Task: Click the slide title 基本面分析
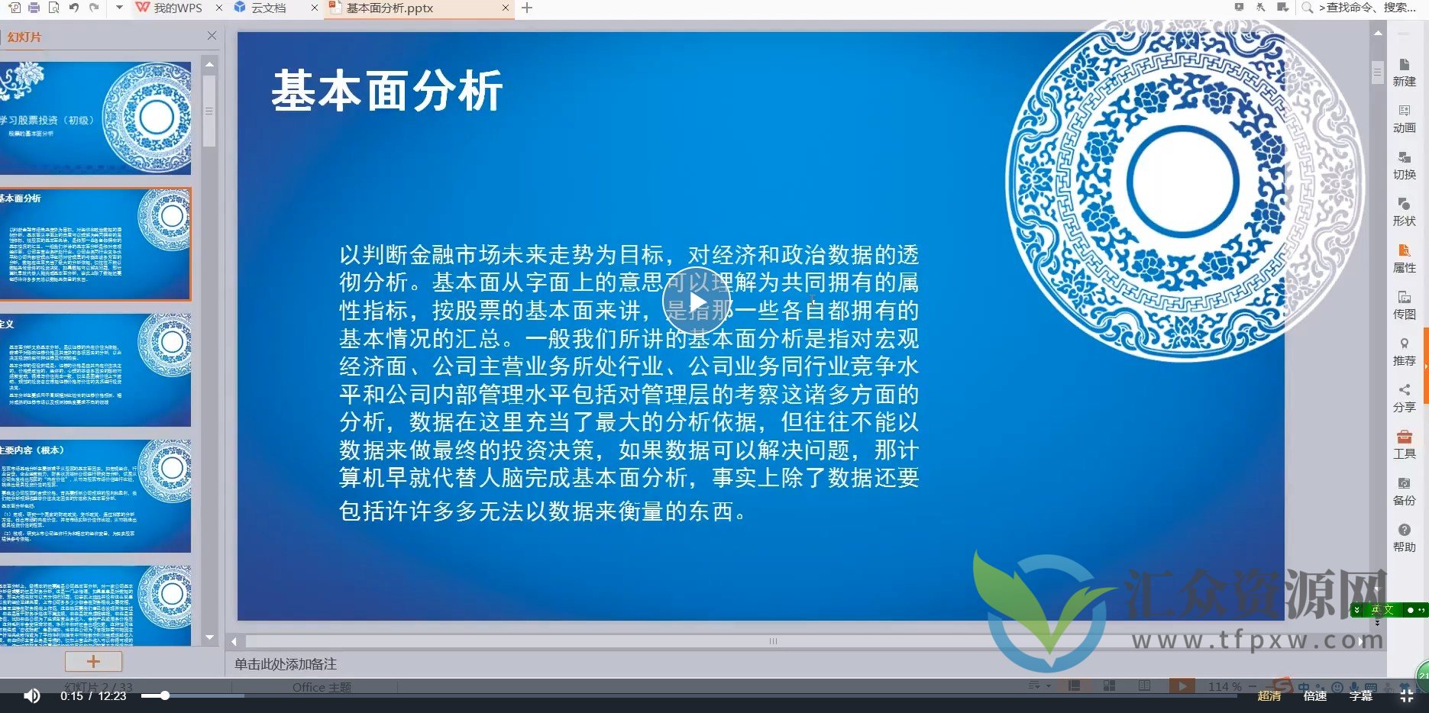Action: [x=387, y=91]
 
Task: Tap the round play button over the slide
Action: [x=696, y=302]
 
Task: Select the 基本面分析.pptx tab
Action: [x=390, y=8]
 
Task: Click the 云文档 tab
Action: [x=268, y=8]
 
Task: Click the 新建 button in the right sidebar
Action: [x=1404, y=72]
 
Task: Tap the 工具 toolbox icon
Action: [x=1404, y=444]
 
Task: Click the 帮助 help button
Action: [x=1404, y=537]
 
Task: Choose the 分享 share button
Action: [x=1404, y=398]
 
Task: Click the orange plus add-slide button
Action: [x=93, y=661]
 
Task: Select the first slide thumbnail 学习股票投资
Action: [x=95, y=118]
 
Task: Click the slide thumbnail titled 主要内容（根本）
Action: [x=95, y=495]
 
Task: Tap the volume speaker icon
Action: [x=31, y=695]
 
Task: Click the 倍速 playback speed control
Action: [x=1314, y=695]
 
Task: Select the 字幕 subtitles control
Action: [x=1360, y=695]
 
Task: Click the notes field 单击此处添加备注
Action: [x=286, y=664]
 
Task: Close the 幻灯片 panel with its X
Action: [x=212, y=36]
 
